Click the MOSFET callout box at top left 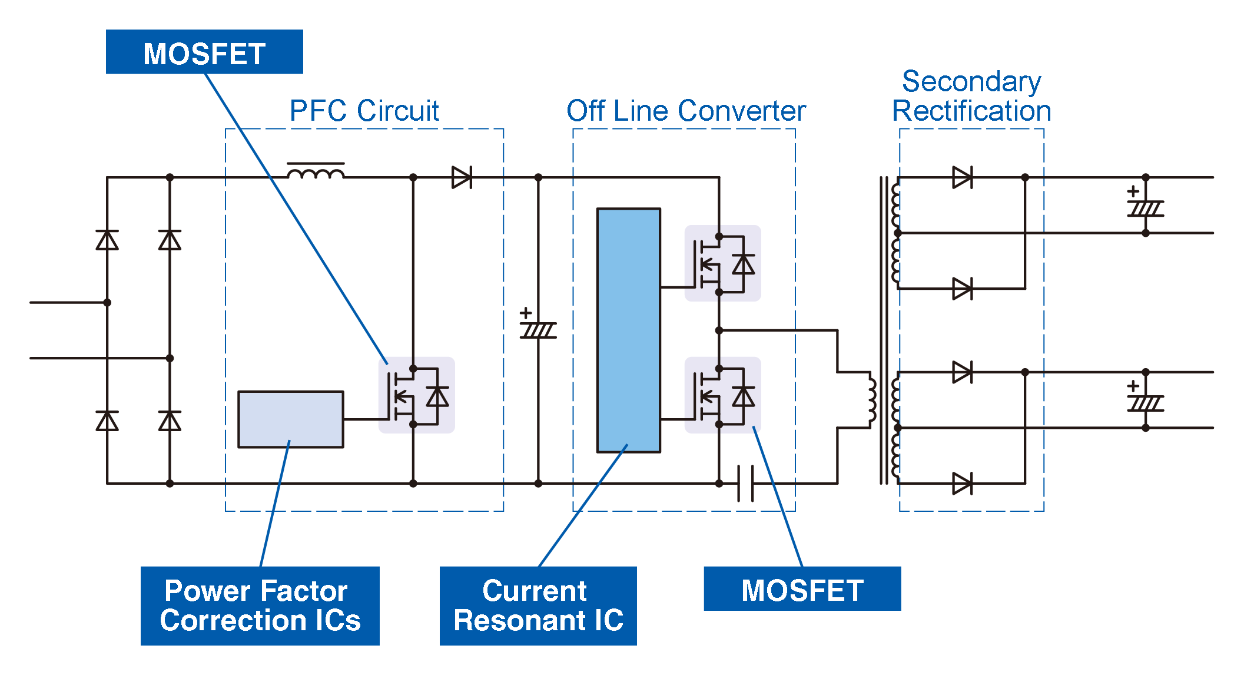click(204, 52)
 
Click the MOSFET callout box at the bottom click(802, 589)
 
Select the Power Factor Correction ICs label click(260, 605)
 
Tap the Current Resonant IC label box click(538, 605)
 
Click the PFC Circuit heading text click(364, 111)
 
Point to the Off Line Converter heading click(685, 111)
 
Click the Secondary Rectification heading click(971, 96)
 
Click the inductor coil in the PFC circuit click(316, 173)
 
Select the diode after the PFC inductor click(462, 177)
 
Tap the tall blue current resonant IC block click(628, 330)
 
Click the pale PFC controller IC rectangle click(290, 419)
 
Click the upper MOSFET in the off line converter click(722, 264)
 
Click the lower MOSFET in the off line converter click(722, 395)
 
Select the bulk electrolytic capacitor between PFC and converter click(538, 329)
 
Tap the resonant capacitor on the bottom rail click(745, 483)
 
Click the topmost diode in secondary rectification click(962, 177)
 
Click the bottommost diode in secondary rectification click(962, 484)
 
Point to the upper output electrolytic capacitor click(1145, 207)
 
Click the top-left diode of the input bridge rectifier click(107, 240)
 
